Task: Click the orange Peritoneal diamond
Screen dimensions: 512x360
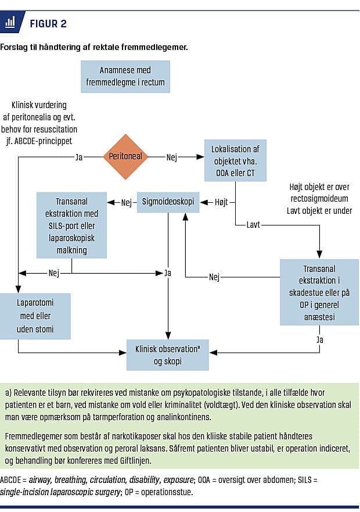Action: pos(125,156)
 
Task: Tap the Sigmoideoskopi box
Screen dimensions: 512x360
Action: pos(168,202)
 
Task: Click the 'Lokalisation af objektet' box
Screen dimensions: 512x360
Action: pos(235,160)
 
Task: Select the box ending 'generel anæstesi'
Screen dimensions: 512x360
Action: pos(319,292)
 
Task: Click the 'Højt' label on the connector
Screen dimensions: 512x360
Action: pos(221,202)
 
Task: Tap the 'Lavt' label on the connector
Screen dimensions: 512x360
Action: pos(253,224)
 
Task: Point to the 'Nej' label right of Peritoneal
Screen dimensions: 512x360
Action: pos(172,156)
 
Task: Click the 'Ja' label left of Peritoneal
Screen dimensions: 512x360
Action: pos(80,156)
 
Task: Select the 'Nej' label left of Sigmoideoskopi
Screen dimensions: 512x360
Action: pos(127,202)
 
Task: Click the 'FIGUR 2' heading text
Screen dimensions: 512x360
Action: pos(48,24)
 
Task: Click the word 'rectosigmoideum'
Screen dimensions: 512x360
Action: pos(320,199)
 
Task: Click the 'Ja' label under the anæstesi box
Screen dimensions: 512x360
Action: pos(319,338)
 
